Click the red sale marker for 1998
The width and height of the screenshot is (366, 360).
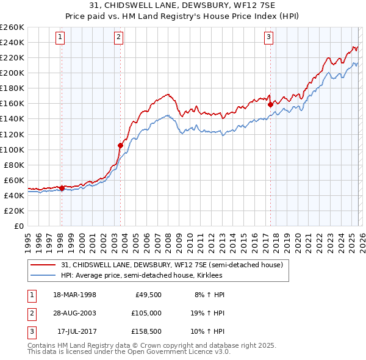tap(62, 189)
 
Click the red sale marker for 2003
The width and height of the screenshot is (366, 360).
tap(120, 145)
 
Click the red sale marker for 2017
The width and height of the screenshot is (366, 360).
tap(270, 104)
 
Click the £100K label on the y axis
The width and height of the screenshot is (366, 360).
tap(12, 149)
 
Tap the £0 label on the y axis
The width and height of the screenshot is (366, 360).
tap(18, 226)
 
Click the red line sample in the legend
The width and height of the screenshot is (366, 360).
tap(44, 265)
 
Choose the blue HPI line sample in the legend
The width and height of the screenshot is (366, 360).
tap(44, 275)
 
